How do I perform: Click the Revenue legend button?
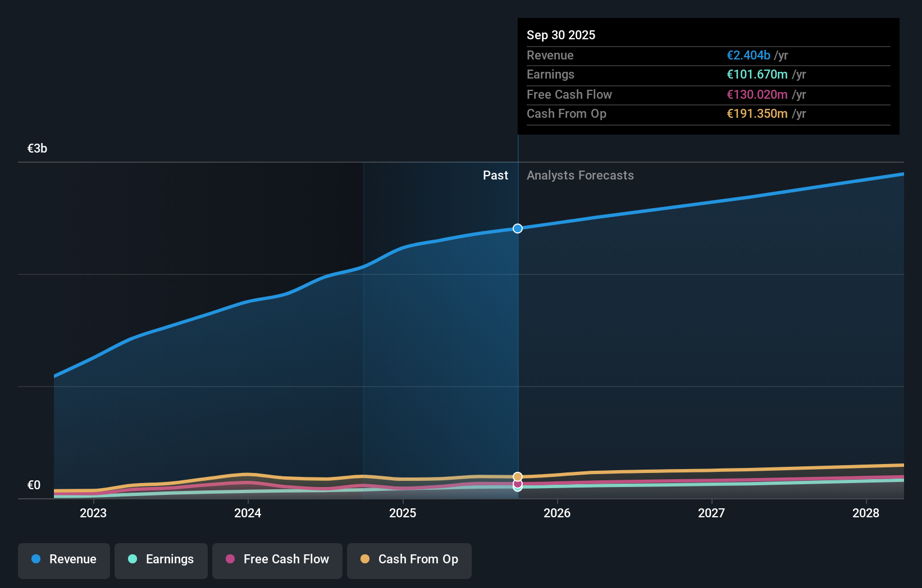(x=64, y=559)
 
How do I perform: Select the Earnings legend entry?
(x=161, y=559)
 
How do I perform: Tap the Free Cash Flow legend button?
(x=277, y=559)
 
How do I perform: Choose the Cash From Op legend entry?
(x=409, y=559)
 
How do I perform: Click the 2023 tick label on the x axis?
(x=93, y=513)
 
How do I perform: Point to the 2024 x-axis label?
(x=248, y=513)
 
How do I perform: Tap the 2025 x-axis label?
(x=403, y=513)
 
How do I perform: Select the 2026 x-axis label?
(x=557, y=513)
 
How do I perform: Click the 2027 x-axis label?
(x=711, y=513)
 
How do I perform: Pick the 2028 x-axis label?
(x=866, y=513)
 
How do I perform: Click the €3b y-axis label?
(x=37, y=149)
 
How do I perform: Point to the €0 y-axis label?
(x=34, y=485)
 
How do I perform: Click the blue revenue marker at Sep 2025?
(x=518, y=228)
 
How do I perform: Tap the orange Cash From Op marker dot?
(x=518, y=477)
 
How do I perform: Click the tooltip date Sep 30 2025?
(x=561, y=35)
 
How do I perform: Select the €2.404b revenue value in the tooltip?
(x=748, y=55)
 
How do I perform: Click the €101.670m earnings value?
(x=757, y=75)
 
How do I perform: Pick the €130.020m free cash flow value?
(x=757, y=94)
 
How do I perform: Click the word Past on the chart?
(x=495, y=176)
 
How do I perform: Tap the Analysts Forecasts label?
(x=580, y=176)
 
